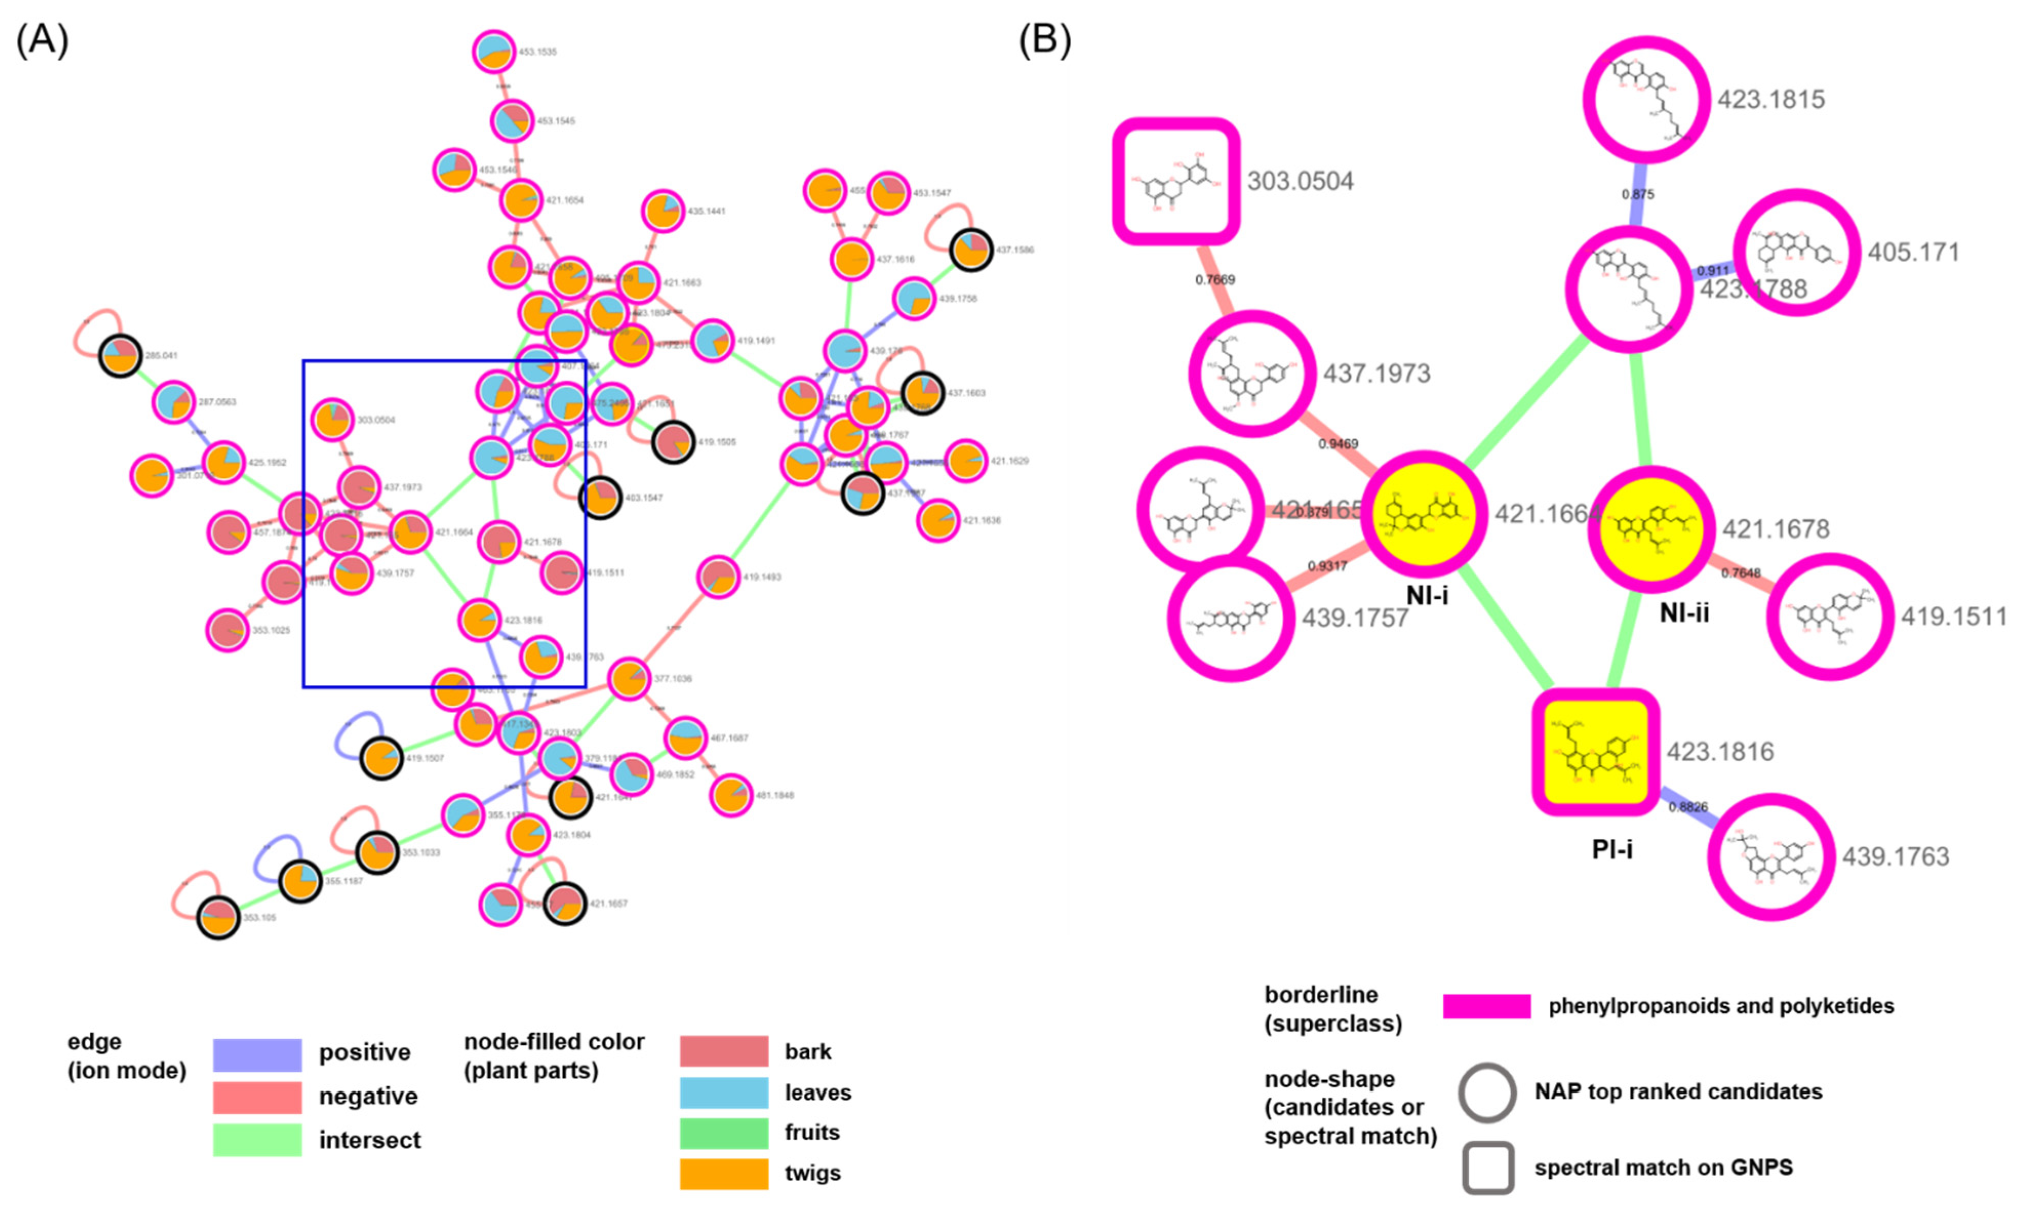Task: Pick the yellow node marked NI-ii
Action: point(1652,529)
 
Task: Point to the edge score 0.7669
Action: point(1214,279)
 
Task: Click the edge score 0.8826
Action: point(1688,807)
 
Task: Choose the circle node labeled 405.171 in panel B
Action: point(1796,253)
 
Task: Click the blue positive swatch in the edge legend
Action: point(257,1054)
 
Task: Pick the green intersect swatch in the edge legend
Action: point(257,1139)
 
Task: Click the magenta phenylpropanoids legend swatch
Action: point(1486,1006)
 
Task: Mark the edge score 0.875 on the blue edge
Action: point(1637,194)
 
